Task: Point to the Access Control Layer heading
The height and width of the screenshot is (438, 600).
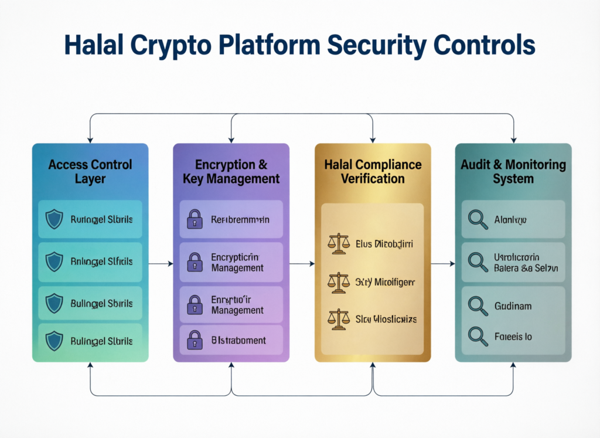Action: (x=90, y=171)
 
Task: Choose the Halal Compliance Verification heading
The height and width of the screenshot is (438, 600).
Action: (x=373, y=171)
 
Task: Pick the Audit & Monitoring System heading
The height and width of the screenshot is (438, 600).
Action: (x=513, y=171)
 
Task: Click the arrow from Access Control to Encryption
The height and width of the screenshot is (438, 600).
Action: (x=161, y=264)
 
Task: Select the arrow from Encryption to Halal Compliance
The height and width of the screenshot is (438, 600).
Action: (x=302, y=264)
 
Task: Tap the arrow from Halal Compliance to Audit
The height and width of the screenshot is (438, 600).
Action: (x=443, y=264)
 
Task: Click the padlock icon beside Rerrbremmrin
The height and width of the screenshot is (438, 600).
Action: (x=194, y=220)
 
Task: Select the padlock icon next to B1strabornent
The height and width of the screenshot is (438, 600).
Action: (x=194, y=339)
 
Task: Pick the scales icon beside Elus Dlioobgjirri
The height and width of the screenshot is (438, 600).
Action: (x=338, y=243)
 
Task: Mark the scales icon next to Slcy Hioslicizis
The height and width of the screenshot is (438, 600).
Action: (x=338, y=320)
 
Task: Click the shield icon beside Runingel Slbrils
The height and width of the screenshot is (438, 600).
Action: (x=54, y=220)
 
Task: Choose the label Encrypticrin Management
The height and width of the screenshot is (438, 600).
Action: (x=237, y=262)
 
